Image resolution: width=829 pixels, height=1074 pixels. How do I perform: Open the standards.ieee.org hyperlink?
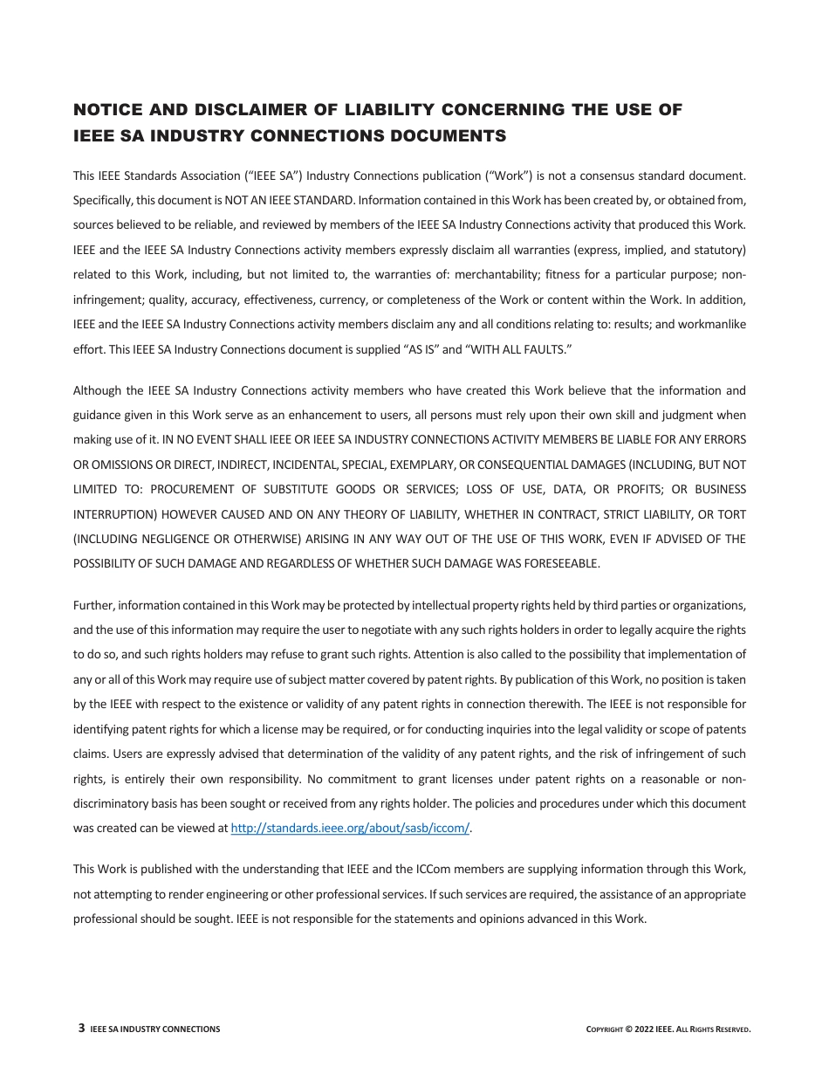350,829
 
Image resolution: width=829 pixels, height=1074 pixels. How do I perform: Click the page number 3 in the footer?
81,1029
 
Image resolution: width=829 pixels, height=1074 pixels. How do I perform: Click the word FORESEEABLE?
561,563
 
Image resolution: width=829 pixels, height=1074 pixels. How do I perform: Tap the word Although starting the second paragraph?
98,390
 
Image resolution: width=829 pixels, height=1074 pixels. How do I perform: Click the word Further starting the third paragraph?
93,605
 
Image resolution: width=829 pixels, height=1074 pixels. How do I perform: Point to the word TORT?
730,514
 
